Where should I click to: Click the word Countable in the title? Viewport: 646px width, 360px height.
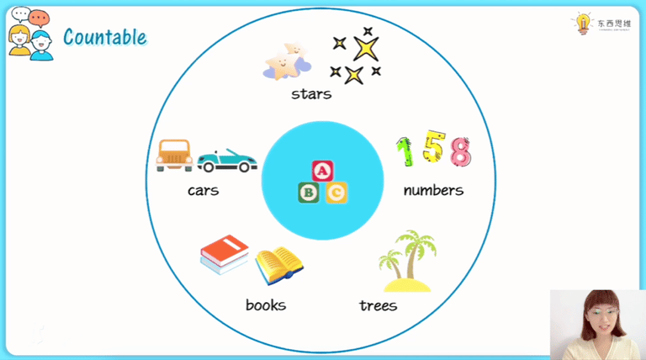tap(104, 37)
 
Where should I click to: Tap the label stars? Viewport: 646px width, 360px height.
tap(311, 93)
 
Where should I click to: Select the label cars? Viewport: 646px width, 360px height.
tap(203, 190)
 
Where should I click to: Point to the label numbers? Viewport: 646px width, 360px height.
tap(433, 190)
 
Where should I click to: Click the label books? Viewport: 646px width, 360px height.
tap(266, 304)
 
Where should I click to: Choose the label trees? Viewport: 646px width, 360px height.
tap(378, 304)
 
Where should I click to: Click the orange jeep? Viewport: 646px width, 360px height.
tap(174, 155)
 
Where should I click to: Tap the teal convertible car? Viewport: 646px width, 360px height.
tap(227, 161)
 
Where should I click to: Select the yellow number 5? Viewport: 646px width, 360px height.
tap(433, 148)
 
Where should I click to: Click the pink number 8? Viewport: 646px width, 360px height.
tap(460, 152)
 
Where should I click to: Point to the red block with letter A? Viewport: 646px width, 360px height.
tap(322, 171)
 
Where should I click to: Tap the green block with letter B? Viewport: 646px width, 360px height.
tap(309, 193)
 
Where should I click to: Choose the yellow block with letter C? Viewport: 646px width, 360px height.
tap(336, 193)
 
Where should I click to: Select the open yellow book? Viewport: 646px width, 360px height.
tap(278, 264)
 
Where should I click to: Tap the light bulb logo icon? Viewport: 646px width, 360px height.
tap(582, 24)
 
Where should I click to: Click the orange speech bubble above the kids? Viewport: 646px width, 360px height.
tap(39, 16)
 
